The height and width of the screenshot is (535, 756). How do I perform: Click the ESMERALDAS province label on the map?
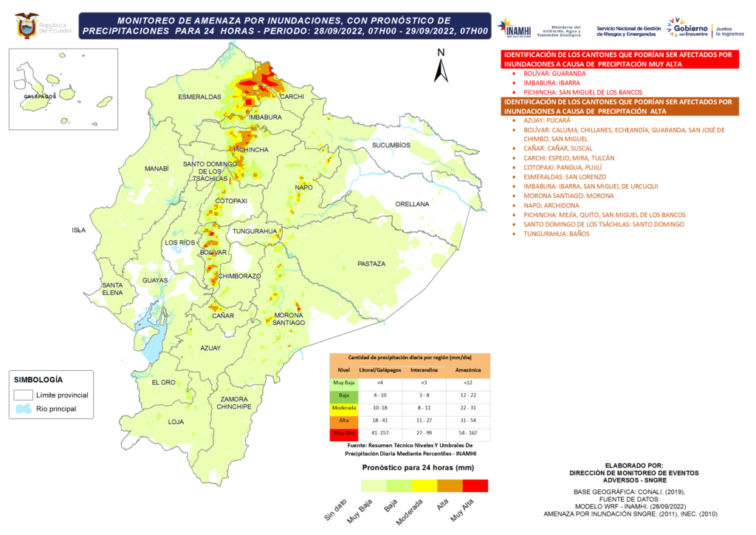click(199, 97)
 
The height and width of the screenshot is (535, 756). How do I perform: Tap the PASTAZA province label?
click(371, 264)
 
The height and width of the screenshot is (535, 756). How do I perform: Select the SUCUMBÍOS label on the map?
click(391, 146)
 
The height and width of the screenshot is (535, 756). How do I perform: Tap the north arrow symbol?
click(440, 67)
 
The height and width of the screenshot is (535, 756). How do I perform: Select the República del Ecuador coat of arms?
click(27, 25)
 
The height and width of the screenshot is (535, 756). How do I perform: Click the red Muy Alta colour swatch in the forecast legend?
click(475, 485)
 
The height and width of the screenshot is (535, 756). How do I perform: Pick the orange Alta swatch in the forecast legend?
click(450, 485)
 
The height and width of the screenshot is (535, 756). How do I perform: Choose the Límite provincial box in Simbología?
click(24, 395)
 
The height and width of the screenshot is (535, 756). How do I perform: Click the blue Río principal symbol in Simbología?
click(24, 409)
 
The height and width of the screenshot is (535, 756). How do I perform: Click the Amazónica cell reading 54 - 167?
click(467, 433)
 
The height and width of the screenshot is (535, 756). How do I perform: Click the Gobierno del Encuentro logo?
click(687, 28)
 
